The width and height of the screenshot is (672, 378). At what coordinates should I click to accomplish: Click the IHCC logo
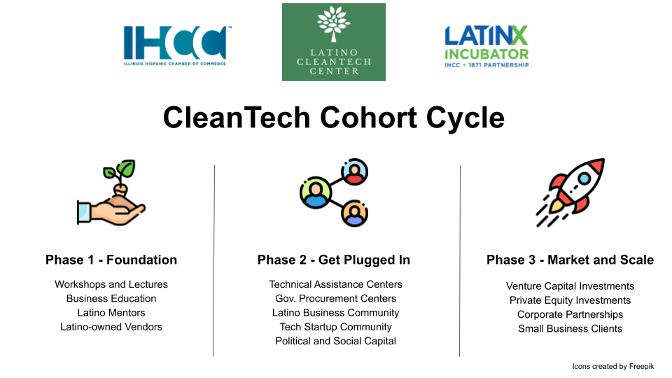(175, 45)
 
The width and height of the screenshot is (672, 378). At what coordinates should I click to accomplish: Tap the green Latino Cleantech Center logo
(334, 42)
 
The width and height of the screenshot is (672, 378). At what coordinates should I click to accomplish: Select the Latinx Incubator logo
(486, 46)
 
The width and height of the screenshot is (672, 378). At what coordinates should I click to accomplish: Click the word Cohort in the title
(369, 118)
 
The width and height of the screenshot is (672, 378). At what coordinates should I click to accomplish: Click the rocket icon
(570, 192)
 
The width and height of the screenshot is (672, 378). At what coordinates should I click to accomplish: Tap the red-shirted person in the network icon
(354, 172)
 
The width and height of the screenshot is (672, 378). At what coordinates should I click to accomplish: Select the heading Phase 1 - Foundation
(111, 260)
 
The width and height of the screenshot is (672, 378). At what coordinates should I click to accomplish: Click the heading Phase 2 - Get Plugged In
(334, 260)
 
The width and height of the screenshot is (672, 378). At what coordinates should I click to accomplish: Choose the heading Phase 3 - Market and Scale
(570, 260)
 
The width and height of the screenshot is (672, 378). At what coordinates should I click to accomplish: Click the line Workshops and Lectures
(111, 284)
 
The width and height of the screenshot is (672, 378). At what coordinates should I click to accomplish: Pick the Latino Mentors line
(111, 312)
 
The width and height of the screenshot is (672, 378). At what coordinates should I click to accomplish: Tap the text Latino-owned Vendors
(111, 327)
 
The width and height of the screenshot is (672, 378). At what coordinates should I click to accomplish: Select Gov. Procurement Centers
(335, 298)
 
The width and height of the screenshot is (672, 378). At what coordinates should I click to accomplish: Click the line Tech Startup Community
(335, 327)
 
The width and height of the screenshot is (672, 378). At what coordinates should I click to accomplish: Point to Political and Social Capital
(335, 341)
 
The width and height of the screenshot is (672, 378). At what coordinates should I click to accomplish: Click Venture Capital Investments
(570, 286)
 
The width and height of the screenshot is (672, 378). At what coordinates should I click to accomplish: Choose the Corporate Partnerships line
(570, 314)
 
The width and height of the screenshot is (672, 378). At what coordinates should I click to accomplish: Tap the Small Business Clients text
(570, 328)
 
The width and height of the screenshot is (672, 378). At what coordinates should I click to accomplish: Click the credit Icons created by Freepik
(613, 366)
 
